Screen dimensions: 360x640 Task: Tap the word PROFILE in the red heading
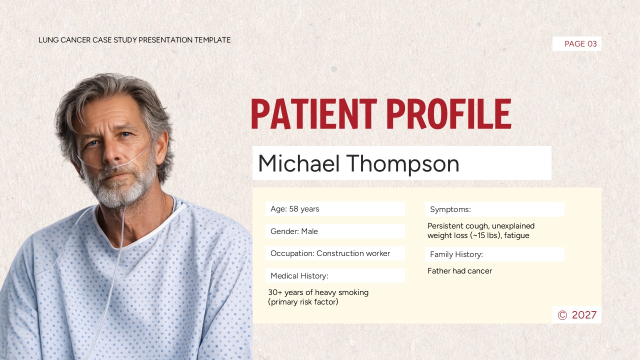[448, 114]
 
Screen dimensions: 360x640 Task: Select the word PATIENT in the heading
[314, 114]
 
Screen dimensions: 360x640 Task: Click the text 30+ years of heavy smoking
[318, 292]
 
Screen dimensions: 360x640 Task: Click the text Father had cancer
[459, 271]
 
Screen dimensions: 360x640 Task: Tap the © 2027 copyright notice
[577, 315]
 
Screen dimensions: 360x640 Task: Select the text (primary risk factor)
[303, 302]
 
